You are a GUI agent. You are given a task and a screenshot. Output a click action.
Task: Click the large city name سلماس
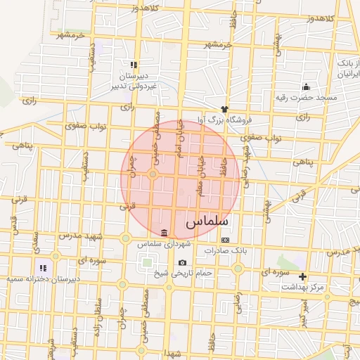(207, 221)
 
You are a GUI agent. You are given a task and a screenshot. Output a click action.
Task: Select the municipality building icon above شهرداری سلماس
(164, 233)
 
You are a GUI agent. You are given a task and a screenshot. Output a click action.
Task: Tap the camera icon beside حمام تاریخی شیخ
(183, 263)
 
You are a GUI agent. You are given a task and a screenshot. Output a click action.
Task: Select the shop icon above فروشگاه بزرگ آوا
(224, 109)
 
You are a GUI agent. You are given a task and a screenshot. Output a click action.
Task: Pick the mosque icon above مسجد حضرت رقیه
(304, 86)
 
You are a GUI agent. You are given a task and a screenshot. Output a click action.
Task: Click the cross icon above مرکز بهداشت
(303, 276)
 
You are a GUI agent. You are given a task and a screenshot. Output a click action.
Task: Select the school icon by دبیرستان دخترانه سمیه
(43, 268)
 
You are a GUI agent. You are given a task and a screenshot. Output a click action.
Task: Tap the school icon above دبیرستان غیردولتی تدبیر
(133, 65)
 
